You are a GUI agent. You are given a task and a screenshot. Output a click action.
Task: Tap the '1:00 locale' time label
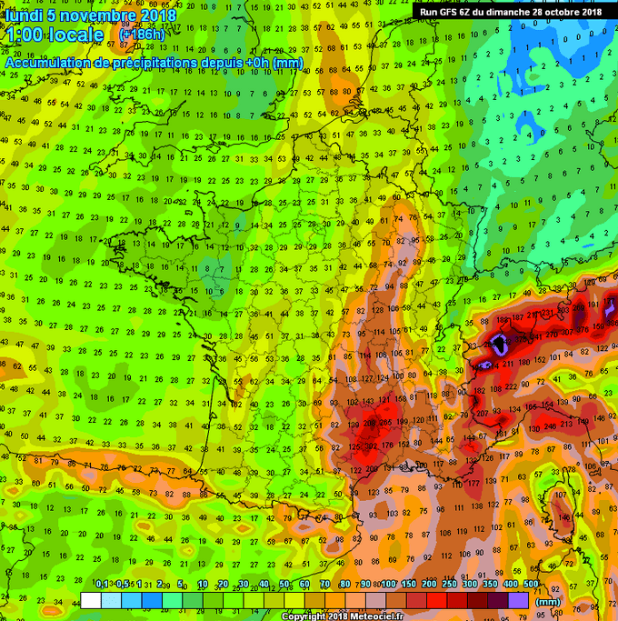coord(54,36)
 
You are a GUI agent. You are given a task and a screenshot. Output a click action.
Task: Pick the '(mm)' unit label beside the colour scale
coord(547,600)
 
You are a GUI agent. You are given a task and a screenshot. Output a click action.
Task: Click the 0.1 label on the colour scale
coord(103,584)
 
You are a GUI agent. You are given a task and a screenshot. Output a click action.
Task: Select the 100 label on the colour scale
coord(388,584)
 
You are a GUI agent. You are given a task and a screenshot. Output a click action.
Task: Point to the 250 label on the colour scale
coord(448,584)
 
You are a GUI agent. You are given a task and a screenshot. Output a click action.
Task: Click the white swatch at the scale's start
coord(90,600)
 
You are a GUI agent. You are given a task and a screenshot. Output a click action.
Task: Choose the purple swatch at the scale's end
coord(518,600)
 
